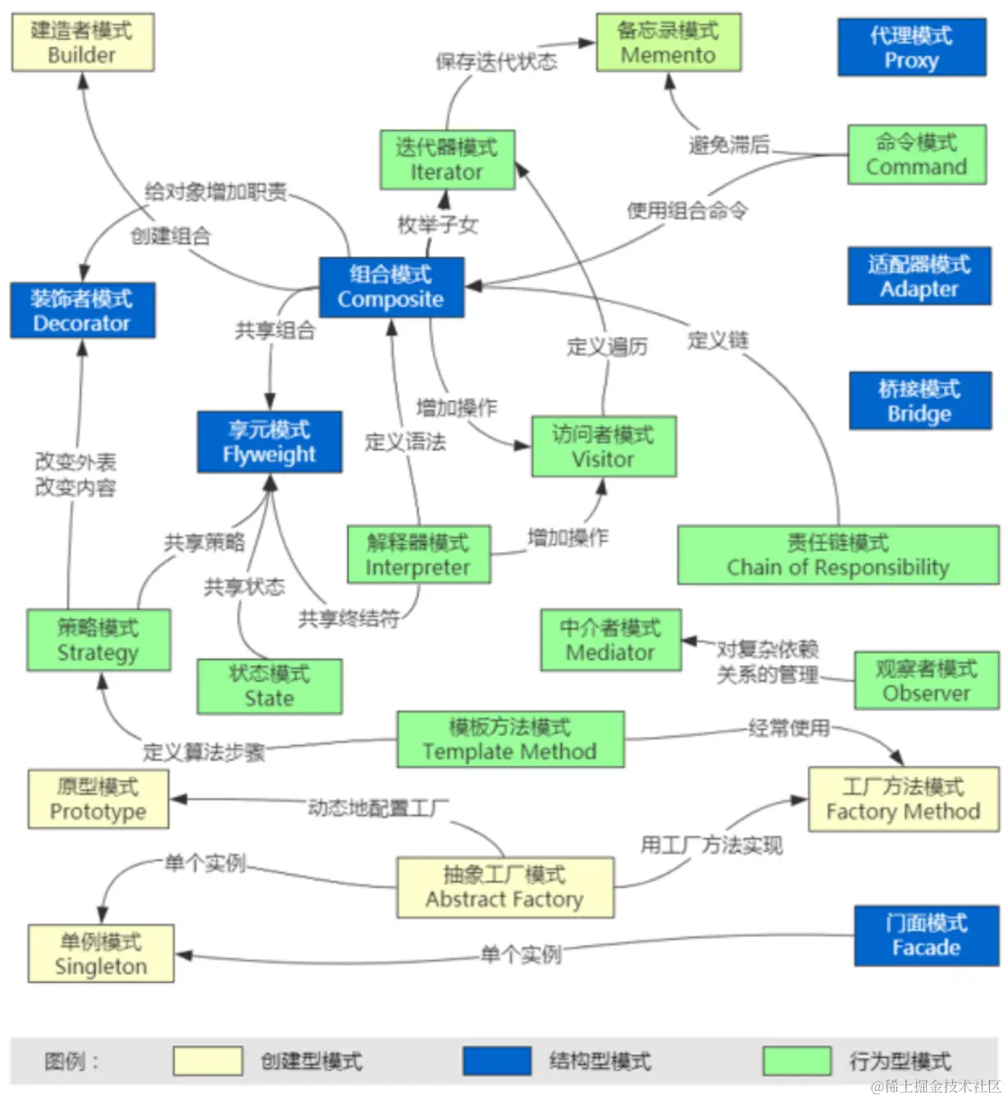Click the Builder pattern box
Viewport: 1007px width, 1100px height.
pyautogui.click(x=82, y=43)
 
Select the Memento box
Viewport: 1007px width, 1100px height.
pyautogui.click(x=668, y=43)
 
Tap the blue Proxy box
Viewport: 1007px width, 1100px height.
pyautogui.click(x=911, y=48)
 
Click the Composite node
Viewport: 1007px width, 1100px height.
pyautogui.click(x=391, y=287)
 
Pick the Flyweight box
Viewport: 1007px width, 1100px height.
pyautogui.click(x=269, y=442)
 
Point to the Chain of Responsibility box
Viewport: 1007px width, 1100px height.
pyautogui.click(x=837, y=555)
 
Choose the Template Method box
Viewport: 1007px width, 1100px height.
pyautogui.click(x=510, y=739)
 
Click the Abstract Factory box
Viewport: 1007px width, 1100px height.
pyautogui.click(x=505, y=887)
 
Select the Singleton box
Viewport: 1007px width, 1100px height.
pyautogui.click(x=101, y=953)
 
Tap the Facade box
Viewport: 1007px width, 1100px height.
pyautogui.click(x=926, y=935)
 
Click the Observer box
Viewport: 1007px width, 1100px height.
pyautogui.click(x=926, y=680)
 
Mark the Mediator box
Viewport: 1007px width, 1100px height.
pyautogui.click(x=610, y=640)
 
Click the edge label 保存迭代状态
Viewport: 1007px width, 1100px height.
pyautogui.click(x=496, y=61)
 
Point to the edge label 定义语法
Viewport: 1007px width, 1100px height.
pyautogui.click(x=405, y=443)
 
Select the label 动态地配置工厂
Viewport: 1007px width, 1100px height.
pyautogui.click(x=378, y=808)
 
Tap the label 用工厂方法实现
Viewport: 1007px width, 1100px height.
pyautogui.click(x=711, y=845)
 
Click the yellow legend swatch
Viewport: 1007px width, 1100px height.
pyautogui.click(x=207, y=1061)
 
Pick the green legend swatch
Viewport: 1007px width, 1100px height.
pyautogui.click(x=796, y=1061)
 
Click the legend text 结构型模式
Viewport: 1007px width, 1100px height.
pyautogui.click(x=600, y=1061)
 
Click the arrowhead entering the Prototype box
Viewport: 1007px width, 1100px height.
pyautogui.click(x=178, y=799)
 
